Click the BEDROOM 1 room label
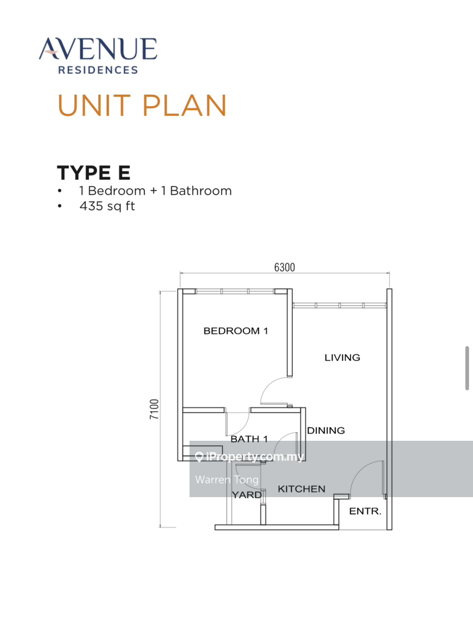tap(235, 331)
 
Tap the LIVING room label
tap(342, 358)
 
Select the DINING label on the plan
tap(326, 430)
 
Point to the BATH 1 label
tap(249, 439)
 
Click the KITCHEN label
tap(301, 489)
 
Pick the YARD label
tap(246, 495)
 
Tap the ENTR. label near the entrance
tap(365, 512)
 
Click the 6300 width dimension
tap(284, 267)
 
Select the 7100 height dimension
tap(155, 409)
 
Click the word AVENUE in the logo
tap(98, 50)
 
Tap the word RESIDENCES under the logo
tap(98, 70)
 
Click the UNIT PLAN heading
tap(142, 106)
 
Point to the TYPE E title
tap(93, 172)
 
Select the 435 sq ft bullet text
tap(107, 206)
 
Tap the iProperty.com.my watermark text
tap(255, 457)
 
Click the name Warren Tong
tap(227, 480)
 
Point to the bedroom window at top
tap(235, 291)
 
